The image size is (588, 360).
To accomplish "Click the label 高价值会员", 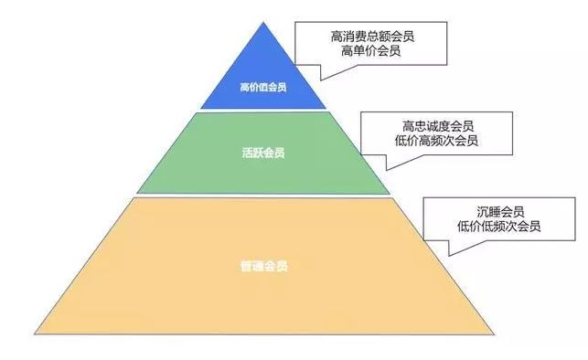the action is coord(262,89).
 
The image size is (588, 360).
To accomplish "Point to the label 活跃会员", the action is coord(262,152).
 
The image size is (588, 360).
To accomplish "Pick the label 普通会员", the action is coord(262,267).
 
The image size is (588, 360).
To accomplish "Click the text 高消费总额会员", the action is coord(373,37).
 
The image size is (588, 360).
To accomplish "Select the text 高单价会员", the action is coord(373,53).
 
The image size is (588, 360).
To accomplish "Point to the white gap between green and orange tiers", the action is coord(262,196).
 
